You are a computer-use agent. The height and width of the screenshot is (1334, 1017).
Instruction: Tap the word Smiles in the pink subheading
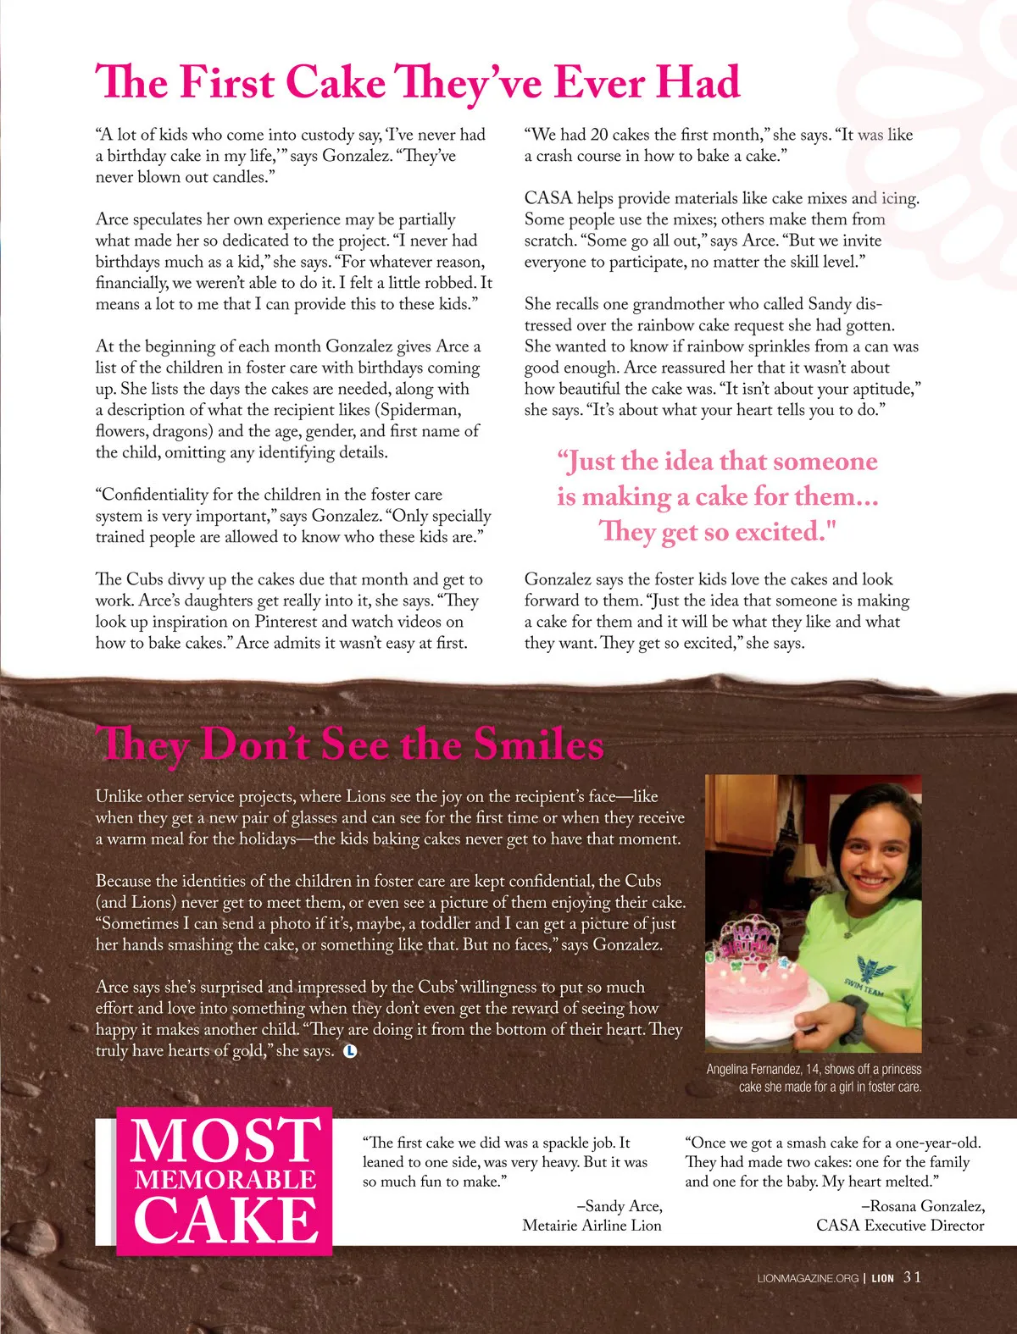click(x=538, y=744)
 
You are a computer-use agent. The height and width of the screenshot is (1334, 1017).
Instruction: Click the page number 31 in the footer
click(x=912, y=1277)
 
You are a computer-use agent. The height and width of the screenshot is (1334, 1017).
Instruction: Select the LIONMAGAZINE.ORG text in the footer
click(x=808, y=1278)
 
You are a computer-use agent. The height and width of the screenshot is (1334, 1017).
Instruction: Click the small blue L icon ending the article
click(x=350, y=1051)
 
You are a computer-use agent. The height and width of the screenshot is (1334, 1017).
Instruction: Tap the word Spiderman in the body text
click(x=421, y=410)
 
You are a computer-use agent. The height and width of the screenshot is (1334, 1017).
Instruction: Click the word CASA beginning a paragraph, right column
click(x=548, y=198)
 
